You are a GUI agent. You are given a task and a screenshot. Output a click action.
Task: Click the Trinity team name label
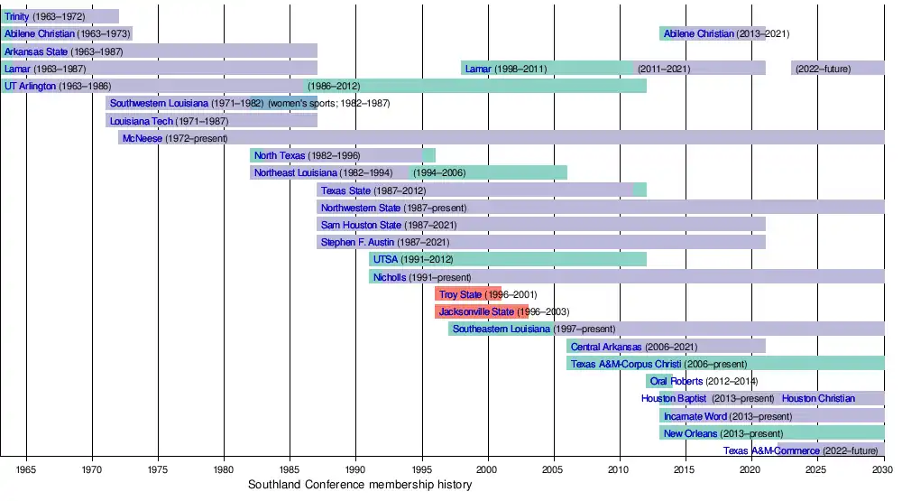(x=17, y=16)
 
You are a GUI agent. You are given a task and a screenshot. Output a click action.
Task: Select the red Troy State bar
(x=468, y=294)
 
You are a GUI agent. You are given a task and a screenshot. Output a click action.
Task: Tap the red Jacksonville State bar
(x=482, y=311)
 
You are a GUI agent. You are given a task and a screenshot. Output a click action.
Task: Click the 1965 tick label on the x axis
(x=26, y=470)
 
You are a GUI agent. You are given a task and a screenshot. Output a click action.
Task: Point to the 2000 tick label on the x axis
(x=487, y=470)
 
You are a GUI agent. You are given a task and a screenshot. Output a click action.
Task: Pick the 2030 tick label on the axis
(x=882, y=470)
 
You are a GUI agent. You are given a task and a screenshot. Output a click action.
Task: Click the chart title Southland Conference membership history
(x=360, y=486)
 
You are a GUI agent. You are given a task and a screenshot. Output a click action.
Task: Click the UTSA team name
(x=385, y=260)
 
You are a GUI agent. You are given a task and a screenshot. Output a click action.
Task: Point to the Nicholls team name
(x=390, y=277)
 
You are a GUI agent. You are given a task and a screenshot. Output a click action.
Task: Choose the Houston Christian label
(x=818, y=398)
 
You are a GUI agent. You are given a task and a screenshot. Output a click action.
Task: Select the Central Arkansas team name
(x=606, y=347)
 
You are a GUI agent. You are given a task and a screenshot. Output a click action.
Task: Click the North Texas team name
(x=280, y=155)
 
